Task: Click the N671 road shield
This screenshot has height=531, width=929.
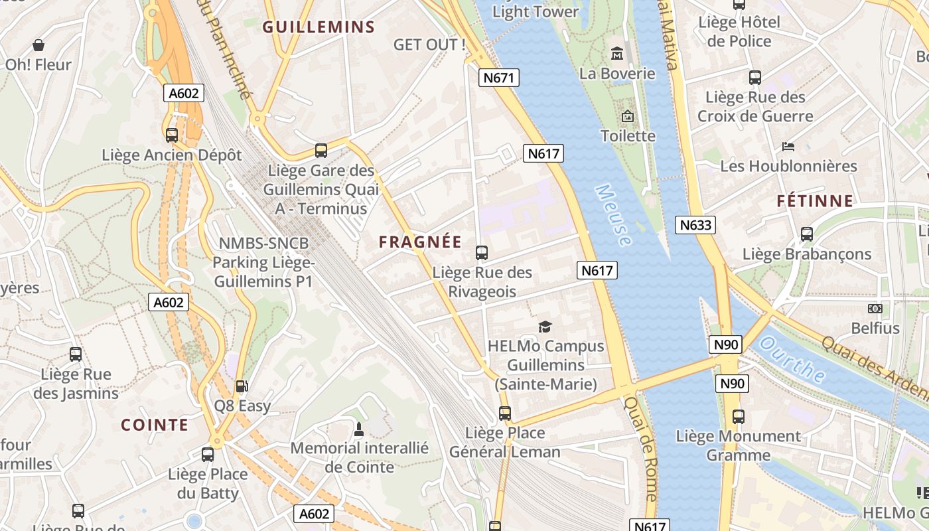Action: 498,78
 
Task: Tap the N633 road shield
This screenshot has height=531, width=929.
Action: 695,225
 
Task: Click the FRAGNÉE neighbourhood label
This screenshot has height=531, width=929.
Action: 419,242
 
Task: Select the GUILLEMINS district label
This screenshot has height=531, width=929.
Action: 319,27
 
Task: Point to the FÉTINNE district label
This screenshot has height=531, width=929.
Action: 815,201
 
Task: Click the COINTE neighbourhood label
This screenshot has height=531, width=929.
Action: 155,425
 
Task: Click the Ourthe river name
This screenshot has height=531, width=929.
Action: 792,361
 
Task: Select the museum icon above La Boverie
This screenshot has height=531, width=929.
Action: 617,52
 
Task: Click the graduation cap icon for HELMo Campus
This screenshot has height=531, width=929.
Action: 545,326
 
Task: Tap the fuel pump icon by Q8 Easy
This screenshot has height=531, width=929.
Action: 242,386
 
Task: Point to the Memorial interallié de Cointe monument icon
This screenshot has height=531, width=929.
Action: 359,429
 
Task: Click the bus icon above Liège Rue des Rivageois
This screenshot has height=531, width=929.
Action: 482,253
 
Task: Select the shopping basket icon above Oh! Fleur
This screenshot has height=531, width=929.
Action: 38,45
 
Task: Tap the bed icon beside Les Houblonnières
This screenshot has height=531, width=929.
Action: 788,146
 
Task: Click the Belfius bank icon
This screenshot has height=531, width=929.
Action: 875,309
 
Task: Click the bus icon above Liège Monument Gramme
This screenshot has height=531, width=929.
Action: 739,417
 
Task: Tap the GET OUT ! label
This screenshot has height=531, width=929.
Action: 429,45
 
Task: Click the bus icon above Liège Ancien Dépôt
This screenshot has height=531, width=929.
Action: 172,135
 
